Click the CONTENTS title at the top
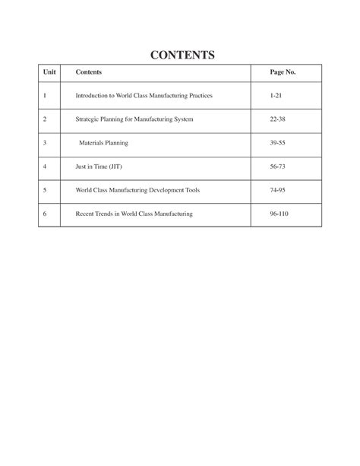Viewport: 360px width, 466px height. click(x=182, y=55)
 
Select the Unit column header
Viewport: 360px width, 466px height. click(x=50, y=72)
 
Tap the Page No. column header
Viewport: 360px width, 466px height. click(x=283, y=72)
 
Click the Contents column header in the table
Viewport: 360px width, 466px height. click(x=89, y=72)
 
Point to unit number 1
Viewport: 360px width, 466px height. click(x=46, y=96)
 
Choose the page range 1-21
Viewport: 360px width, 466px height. click(x=276, y=96)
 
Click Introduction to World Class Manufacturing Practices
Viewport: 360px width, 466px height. click(x=144, y=96)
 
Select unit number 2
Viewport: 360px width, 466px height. click(x=46, y=119)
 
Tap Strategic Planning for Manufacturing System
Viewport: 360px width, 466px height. click(x=134, y=119)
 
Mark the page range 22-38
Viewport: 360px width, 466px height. click(x=278, y=119)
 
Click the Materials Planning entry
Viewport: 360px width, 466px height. click(x=104, y=143)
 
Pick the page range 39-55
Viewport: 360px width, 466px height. click(x=278, y=143)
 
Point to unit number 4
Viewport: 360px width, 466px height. click(x=46, y=166)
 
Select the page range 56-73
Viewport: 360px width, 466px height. click(x=278, y=166)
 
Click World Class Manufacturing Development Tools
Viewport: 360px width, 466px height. click(x=137, y=190)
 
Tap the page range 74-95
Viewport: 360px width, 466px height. click(x=278, y=190)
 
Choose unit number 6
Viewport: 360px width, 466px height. click(x=46, y=214)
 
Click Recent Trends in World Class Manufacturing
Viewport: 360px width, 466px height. click(x=134, y=214)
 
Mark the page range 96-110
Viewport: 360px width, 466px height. click(x=279, y=214)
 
